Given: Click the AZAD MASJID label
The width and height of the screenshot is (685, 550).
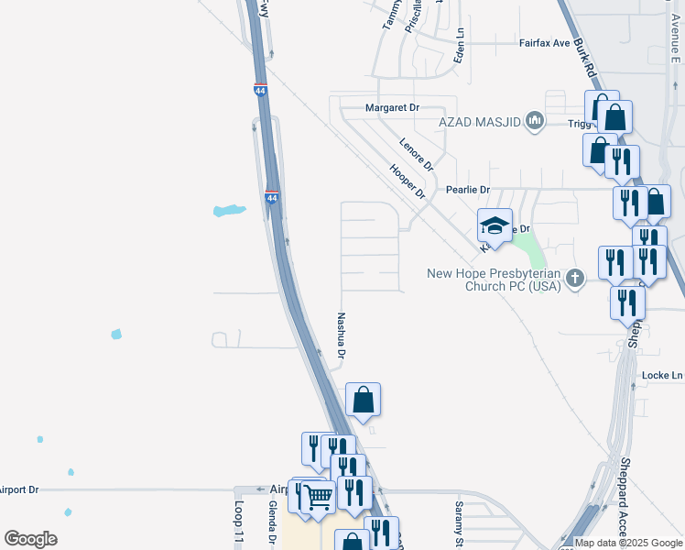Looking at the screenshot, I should (x=480, y=121).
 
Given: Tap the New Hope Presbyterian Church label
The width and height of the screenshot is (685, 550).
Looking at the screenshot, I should (x=495, y=280).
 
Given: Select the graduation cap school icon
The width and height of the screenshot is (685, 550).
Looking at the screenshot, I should (x=494, y=225).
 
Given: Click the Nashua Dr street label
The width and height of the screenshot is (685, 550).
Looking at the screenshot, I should (x=342, y=335).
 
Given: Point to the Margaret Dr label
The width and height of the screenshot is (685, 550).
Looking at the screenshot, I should (x=392, y=107).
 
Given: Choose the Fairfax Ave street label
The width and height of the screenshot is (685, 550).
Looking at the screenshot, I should (x=545, y=42).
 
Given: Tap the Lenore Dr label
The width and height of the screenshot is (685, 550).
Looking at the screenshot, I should (x=416, y=153).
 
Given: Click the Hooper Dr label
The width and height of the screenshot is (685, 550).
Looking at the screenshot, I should (x=408, y=181).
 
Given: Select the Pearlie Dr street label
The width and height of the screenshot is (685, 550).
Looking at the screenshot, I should (x=467, y=190).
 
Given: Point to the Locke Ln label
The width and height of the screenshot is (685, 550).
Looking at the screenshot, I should (x=662, y=376).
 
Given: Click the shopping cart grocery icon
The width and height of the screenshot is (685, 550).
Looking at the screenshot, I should (x=317, y=496).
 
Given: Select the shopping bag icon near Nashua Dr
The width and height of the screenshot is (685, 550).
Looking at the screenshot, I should (x=364, y=400).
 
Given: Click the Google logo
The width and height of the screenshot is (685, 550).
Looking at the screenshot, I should (x=30, y=539).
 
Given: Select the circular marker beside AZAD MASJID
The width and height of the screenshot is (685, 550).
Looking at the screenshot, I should (x=535, y=121).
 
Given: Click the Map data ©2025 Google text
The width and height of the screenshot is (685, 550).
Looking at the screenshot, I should (x=629, y=543).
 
